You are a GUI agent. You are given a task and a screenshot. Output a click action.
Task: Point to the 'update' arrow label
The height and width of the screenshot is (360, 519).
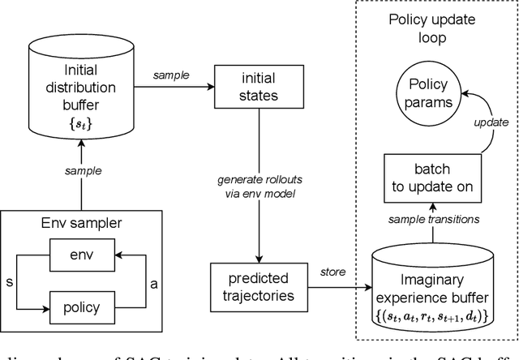(491, 122)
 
